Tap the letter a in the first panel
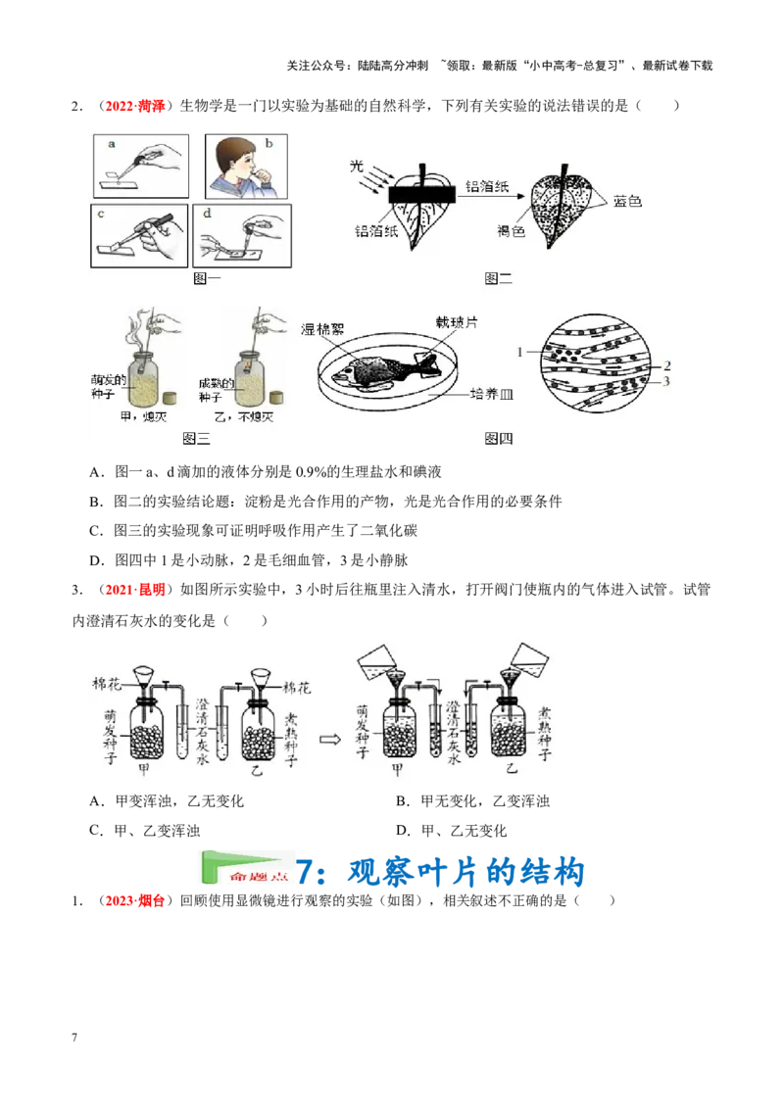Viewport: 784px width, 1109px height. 112,143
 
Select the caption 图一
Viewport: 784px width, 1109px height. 208,278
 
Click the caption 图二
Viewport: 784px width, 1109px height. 499,279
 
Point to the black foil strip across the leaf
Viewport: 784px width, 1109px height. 423,195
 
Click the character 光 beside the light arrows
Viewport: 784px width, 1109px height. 357,168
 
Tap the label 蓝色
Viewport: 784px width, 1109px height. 627,201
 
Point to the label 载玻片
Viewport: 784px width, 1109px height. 455,321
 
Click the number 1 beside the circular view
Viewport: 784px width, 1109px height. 520,350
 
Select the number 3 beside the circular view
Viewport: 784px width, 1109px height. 666,381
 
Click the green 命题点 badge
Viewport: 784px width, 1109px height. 246,867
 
